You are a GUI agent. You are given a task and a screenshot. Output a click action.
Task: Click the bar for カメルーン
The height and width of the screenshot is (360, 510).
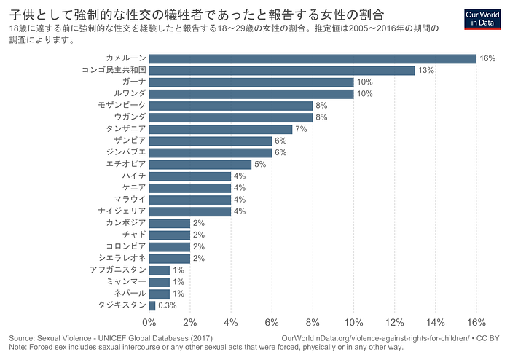coord(313,59)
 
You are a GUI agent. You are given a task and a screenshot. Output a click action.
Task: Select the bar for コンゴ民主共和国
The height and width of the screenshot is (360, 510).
coord(282,71)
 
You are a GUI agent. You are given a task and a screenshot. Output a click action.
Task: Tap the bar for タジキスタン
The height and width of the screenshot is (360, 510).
coord(152,305)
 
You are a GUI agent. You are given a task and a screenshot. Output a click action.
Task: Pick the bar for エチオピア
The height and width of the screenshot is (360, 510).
coord(200,165)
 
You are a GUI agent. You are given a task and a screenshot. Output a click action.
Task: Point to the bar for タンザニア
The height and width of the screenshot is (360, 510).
coord(221,130)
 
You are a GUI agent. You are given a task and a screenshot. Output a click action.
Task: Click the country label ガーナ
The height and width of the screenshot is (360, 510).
coord(134,82)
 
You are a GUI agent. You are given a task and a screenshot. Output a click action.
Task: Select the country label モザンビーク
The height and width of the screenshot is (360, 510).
coord(122,105)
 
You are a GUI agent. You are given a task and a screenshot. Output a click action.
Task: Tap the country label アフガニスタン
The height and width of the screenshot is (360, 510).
coord(118,270)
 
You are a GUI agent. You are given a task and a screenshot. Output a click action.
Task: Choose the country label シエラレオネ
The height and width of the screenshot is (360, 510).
coord(122,258)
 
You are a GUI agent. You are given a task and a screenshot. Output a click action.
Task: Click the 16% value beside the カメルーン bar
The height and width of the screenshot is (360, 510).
coord(487,58)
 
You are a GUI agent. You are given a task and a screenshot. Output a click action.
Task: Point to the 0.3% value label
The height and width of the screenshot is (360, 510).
coord(167,305)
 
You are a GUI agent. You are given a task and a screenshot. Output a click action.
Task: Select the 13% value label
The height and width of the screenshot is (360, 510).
coord(426,70)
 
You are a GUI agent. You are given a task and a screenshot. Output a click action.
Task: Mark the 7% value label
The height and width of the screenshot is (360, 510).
coord(301,129)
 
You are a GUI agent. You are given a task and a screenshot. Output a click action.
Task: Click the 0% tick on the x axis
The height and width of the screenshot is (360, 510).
coord(149,322)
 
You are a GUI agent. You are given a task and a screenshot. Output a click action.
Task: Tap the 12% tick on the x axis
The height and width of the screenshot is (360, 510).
coord(395,322)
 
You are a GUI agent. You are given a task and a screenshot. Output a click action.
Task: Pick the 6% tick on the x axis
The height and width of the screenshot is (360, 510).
coord(272,322)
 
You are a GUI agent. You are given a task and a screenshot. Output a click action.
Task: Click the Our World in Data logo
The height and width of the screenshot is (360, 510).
coord(482,19)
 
